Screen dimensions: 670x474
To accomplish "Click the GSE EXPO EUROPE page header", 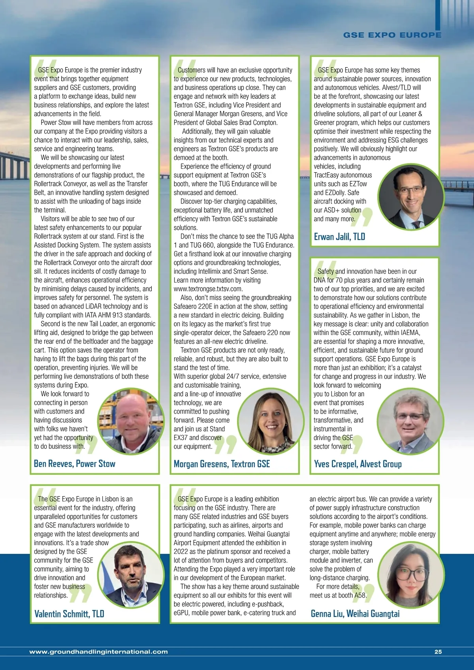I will (392, 35).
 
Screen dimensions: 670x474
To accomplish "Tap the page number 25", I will (438, 652).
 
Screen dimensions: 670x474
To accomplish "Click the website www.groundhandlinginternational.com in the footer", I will (99, 652).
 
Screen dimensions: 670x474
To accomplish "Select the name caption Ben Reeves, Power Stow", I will (75, 464).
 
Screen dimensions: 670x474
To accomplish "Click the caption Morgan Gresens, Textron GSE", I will (222, 464).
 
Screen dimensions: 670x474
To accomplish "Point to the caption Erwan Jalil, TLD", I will (339, 237).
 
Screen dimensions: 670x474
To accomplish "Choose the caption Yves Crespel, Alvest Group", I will (357, 464).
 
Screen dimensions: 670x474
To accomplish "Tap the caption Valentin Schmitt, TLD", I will (69, 614).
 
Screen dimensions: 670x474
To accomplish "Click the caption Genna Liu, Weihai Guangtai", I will (355, 614).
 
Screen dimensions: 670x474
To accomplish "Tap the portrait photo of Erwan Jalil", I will (411, 196).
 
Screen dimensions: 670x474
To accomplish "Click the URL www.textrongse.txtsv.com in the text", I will (208, 289).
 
